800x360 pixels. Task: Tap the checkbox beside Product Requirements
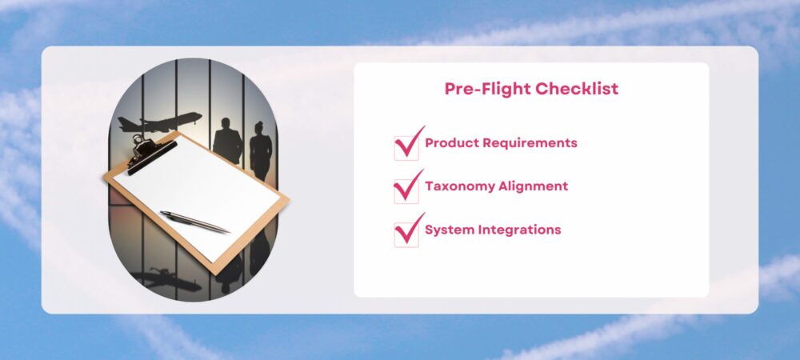(x=406, y=147)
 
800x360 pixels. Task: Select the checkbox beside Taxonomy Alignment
(x=406, y=190)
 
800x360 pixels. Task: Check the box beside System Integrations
(x=406, y=234)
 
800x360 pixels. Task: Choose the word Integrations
(x=519, y=230)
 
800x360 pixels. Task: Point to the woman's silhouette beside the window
(x=261, y=150)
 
